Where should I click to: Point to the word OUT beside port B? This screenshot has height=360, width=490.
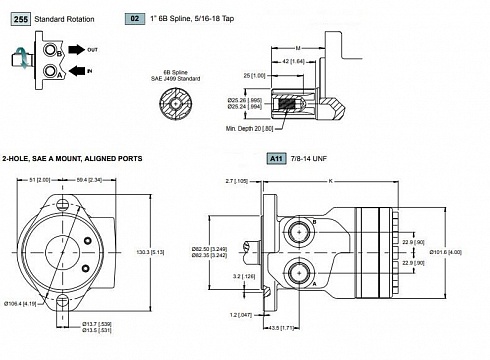tap(92, 50)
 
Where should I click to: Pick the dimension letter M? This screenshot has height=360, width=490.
tap(298, 48)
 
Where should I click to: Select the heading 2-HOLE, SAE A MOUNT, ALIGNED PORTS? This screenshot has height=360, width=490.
tap(71, 158)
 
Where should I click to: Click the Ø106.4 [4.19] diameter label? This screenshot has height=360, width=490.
tap(19, 303)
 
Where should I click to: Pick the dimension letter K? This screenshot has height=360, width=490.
tap(331, 181)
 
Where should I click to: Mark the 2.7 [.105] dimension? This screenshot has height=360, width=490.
tap(236, 181)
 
